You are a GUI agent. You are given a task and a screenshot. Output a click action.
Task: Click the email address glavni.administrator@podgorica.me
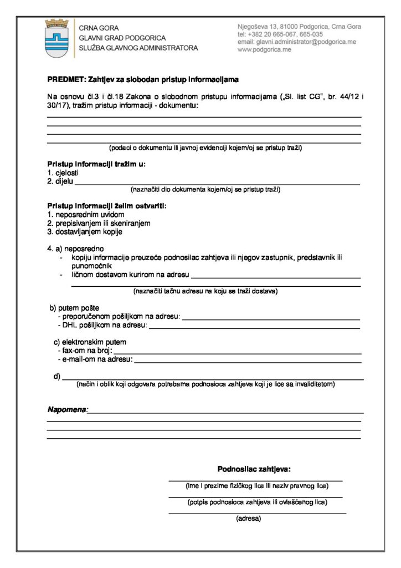(x=297, y=42)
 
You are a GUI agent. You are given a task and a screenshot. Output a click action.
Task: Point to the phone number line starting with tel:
(x=280, y=34)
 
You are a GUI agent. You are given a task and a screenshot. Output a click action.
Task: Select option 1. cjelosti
(x=63, y=173)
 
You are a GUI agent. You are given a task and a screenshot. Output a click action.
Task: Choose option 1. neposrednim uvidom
(x=86, y=215)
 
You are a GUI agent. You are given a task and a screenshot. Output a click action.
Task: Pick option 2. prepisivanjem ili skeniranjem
(x=99, y=223)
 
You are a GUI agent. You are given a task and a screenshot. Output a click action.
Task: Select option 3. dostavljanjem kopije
(x=84, y=231)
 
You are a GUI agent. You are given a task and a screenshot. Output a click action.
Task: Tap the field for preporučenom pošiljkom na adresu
(x=271, y=318)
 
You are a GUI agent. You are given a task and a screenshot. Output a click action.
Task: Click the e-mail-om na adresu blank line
(x=248, y=361)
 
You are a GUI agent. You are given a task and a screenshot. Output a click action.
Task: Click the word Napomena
(x=67, y=410)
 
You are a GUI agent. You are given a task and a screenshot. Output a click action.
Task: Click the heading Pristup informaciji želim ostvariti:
(x=106, y=206)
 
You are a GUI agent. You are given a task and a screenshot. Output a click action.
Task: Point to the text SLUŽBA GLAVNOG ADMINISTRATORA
(x=138, y=48)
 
